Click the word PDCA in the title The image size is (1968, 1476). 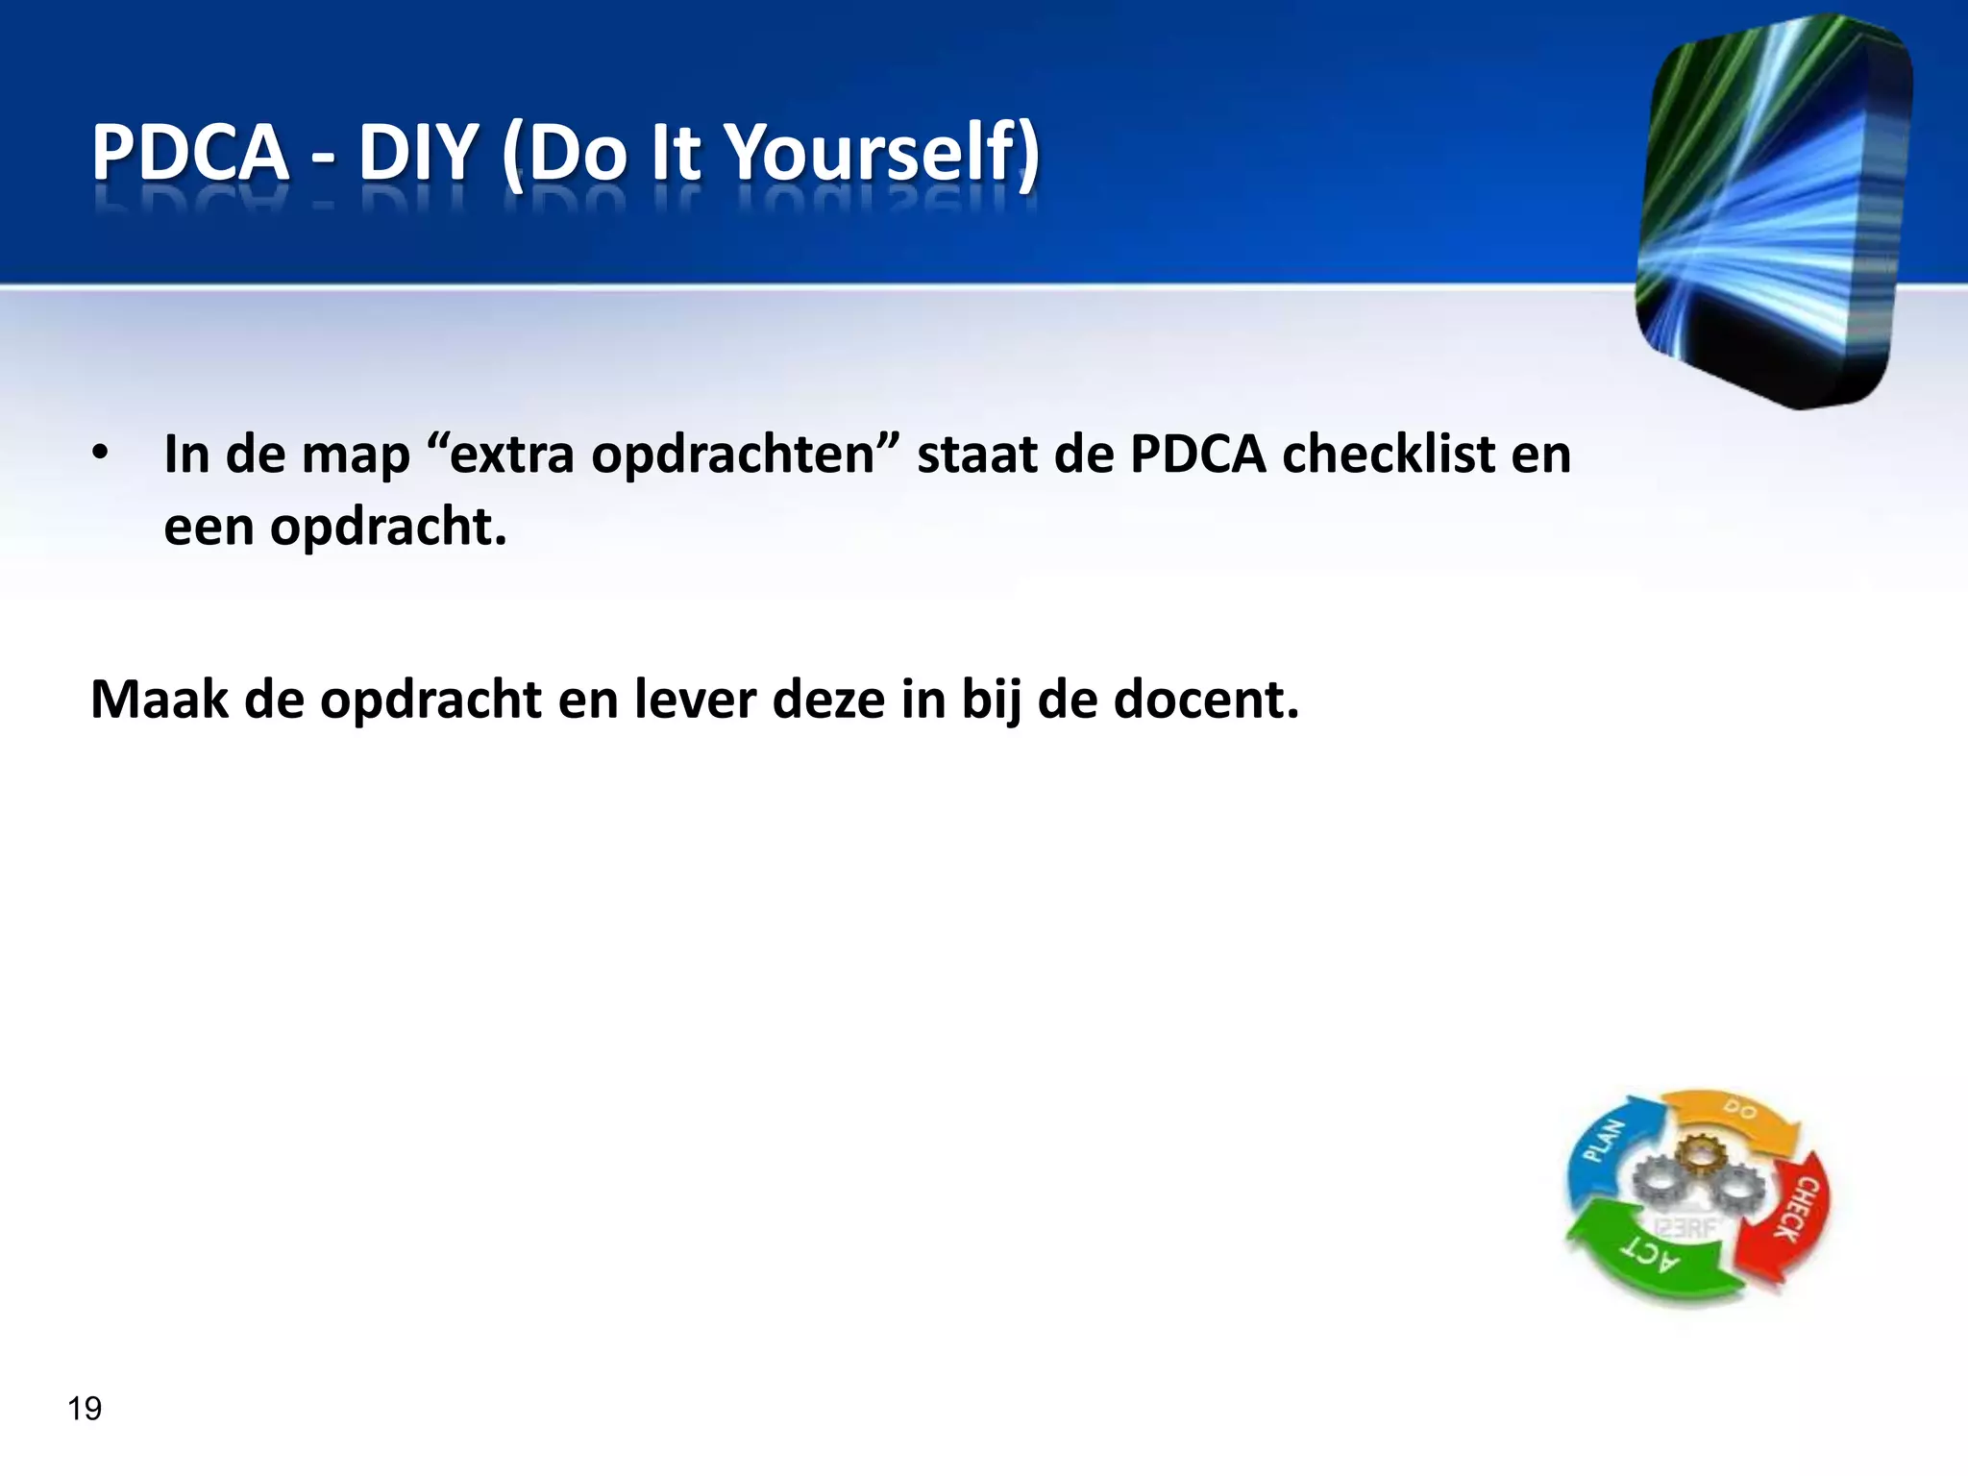189,154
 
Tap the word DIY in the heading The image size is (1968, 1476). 418,154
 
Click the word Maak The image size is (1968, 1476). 160,700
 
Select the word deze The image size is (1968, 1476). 828,700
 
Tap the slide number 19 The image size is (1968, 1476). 85,1409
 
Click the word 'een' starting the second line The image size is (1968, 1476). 209,528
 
